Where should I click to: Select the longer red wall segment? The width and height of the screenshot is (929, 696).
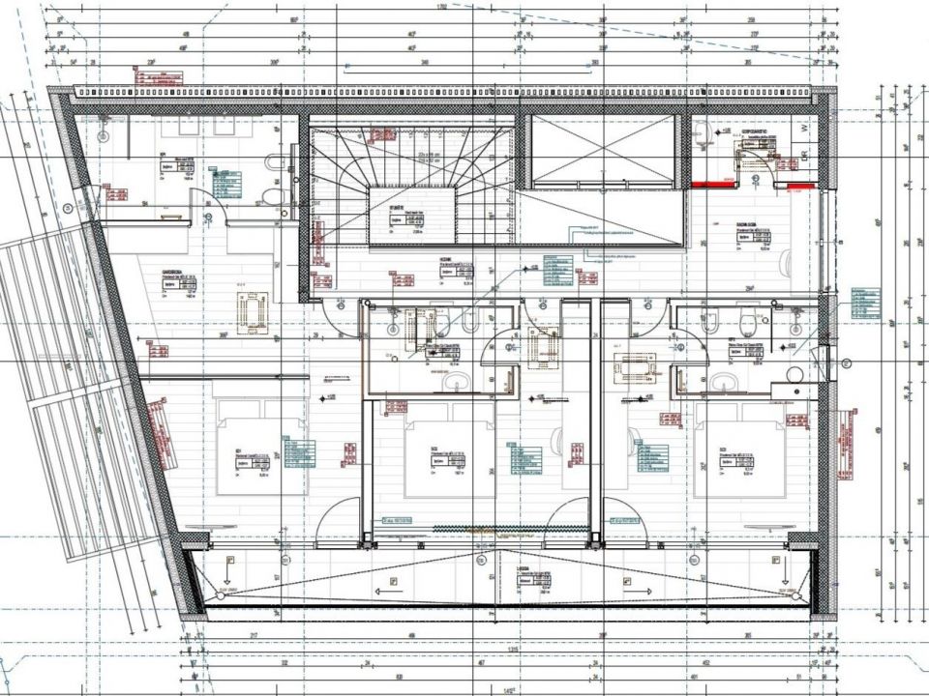714,182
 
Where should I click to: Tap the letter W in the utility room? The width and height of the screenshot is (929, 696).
803,127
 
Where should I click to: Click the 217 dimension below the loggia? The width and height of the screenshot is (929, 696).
253,635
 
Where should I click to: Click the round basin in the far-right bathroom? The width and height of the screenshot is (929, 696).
794,375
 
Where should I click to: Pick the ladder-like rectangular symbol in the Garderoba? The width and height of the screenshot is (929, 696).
254,311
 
